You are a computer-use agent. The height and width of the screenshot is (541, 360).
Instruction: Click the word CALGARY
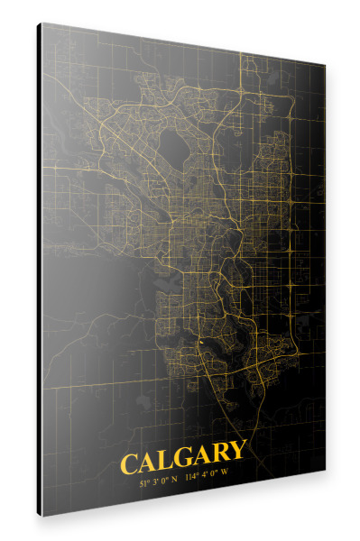click(181, 462)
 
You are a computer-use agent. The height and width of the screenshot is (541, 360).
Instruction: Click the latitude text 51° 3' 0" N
click(157, 481)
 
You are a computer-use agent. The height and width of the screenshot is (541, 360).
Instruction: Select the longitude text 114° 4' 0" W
click(207, 478)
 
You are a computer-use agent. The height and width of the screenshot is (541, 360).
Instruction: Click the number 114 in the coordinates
click(190, 479)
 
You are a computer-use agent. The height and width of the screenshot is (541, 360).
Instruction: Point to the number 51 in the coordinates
click(143, 482)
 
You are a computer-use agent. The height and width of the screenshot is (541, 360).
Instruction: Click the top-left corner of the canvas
click(42, 24)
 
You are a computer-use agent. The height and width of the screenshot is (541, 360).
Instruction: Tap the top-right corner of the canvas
click(322, 65)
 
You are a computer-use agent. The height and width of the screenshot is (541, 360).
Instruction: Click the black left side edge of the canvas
click(40, 270)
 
